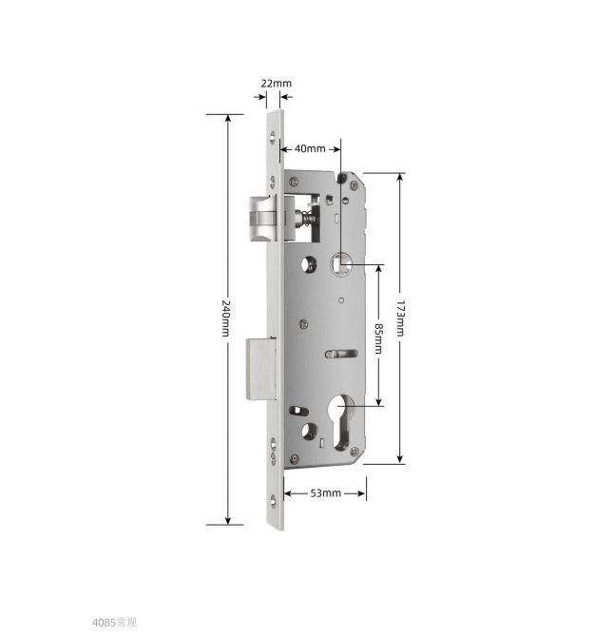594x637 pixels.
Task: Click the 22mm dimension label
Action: [276, 84]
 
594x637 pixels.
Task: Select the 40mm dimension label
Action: [310, 148]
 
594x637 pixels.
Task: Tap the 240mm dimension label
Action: [226, 318]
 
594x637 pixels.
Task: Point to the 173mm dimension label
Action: [400, 318]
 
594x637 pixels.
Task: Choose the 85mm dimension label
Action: [378, 338]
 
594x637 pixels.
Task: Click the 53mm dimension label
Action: [326, 493]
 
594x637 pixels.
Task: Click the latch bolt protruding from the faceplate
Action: [263, 219]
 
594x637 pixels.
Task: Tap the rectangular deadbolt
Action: [261, 369]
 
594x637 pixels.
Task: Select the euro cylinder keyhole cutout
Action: [341, 423]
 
